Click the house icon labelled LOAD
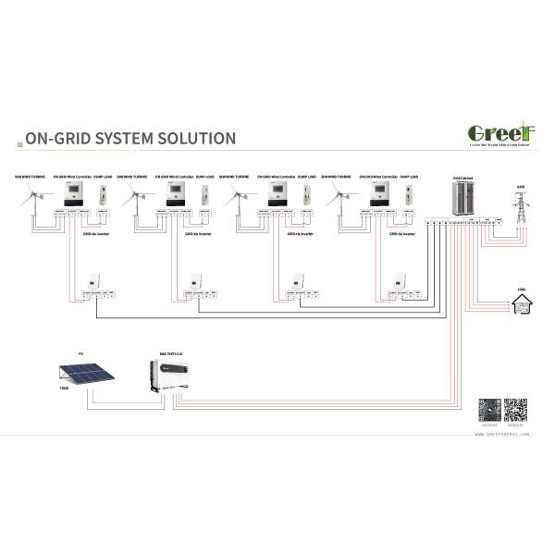click(522, 302)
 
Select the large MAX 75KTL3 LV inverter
click(172, 371)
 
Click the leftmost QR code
click(489, 410)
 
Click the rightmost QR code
click(515, 410)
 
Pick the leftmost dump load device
click(103, 194)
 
